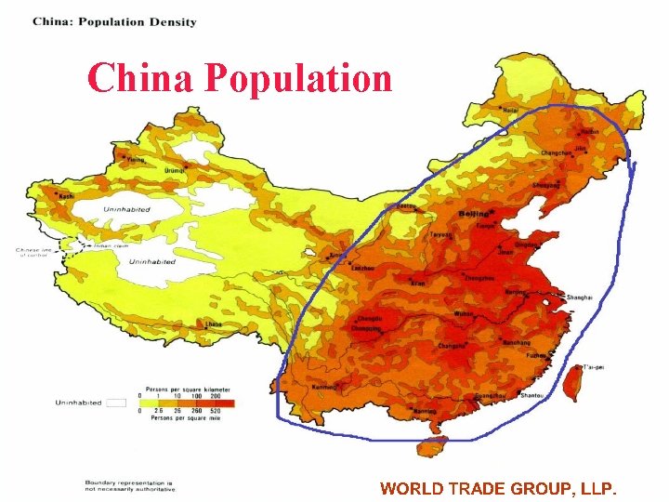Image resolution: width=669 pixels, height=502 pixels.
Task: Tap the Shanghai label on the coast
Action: [576, 297]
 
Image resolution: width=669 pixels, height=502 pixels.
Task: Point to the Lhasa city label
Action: [213, 324]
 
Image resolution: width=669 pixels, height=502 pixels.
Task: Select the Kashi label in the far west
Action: [66, 196]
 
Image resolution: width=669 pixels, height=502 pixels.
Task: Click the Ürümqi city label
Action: [174, 171]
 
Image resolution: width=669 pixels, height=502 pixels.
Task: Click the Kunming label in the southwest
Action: [324, 386]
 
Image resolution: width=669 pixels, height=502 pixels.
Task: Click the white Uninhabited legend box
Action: [115, 403]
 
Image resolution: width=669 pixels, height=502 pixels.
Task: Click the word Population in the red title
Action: [298, 79]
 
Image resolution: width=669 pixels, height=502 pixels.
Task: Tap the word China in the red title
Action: [140, 79]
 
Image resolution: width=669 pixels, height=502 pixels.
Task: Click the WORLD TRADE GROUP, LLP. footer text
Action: [498, 488]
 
